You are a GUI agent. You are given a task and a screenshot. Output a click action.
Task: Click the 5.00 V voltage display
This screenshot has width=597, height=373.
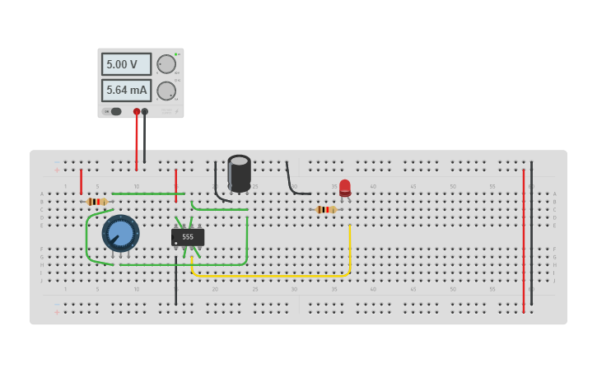click(x=126, y=64)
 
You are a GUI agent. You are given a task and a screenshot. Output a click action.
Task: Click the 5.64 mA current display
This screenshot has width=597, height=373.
click(x=126, y=91)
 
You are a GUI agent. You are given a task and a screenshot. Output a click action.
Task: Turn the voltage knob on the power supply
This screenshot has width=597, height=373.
click(x=166, y=64)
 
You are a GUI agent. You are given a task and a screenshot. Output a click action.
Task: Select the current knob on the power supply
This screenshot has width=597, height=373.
click(x=166, y=91)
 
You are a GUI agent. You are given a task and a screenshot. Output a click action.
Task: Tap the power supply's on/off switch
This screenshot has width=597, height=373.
click(x=113, y=111)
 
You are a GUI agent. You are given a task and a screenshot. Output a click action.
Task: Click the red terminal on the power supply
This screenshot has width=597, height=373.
click(x=137, y=111)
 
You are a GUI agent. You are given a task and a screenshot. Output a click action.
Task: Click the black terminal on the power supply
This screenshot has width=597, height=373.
click(x=145, y=111)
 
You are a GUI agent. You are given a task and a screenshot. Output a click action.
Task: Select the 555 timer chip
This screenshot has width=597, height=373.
click(x=188, y=237)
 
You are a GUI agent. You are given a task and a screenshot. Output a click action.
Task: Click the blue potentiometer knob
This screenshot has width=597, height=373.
click(x=120, y=233)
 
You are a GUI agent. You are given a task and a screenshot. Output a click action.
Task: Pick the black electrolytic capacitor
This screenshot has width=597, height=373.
click(x=239, y=173)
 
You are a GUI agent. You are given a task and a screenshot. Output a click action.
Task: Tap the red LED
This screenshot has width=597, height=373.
click(x=345, y=188)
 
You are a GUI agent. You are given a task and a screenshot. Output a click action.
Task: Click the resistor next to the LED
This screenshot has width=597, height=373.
click(x=326, y=209)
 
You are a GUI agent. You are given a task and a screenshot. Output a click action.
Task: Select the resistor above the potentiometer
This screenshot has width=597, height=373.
click(x=97, y=202)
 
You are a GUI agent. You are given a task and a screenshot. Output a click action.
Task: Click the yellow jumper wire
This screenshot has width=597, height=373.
click(x=272, y=275)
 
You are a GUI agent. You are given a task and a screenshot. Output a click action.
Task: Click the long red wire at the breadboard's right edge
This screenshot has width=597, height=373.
click(x=523, y=239)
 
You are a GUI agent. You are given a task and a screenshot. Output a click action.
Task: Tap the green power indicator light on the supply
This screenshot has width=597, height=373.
click(x=175, y=54)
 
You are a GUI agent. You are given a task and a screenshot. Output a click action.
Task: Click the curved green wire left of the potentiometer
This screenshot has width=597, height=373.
click(x=86, y=239)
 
